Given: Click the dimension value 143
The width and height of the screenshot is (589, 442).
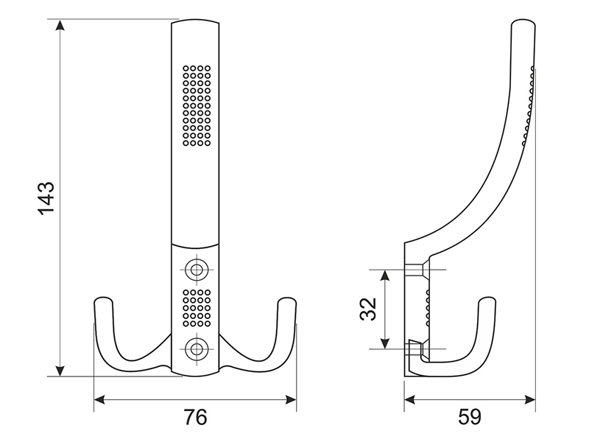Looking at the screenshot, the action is click(x=46, y=197).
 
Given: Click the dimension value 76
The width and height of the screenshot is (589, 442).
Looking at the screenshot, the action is click(x=195, y=417).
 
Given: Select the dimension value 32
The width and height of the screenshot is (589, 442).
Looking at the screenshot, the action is click(x=367, y=309).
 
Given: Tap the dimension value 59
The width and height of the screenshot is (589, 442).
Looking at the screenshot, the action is click(x=470, y=417).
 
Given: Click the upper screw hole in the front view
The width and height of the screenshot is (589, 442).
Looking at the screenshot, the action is click(x=195, y=270).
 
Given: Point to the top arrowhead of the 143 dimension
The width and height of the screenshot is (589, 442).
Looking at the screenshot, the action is click(x=60, y=25).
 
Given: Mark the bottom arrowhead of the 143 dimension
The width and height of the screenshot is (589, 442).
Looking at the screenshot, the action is click(x=60, y=371).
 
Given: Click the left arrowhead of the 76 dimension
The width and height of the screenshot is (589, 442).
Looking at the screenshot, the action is click(x=99, y=399).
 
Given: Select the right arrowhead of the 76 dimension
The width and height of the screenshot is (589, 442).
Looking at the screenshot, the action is click(x=291, y=399).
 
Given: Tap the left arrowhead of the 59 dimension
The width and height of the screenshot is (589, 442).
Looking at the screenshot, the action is click(x=410, y=399).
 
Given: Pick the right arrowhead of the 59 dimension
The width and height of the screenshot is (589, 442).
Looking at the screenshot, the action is click(x=530, y=399).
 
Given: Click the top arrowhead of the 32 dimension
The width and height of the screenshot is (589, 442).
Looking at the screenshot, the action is click(x=384, y=276).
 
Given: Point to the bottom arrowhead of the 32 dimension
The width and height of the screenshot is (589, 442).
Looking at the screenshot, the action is click(x=384, y=343).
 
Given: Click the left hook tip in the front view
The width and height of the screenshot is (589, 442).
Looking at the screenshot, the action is click(x=103, y=300).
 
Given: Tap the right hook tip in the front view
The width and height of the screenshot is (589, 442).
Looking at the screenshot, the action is click(x=287, y=300).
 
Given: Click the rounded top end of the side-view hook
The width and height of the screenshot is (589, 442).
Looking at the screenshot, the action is click(x=523, y=21).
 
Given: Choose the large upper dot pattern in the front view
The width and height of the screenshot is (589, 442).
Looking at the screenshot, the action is click(x=197, y=105).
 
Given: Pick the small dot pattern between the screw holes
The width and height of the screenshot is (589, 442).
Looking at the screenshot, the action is click(x=197, y=308).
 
